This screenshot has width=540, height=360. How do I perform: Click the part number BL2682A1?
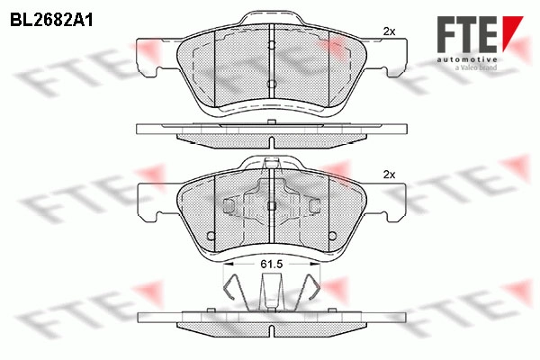coord(51,21)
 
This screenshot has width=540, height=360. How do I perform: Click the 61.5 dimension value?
coord(272,265)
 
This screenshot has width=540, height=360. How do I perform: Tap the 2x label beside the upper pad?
coord(389,31)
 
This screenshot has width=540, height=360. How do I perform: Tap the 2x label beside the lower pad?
coord(389,175)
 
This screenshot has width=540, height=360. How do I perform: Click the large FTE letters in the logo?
coord(467,34)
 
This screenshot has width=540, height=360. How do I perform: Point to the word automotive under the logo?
coord(467,60)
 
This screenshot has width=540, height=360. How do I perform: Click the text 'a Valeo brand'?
coord(476,67)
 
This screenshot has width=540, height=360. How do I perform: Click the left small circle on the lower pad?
coord(210,236)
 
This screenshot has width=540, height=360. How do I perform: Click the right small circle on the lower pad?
coord(333,236)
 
